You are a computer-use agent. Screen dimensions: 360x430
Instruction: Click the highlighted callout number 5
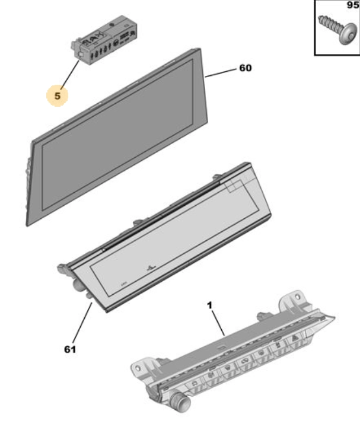coord(57,96)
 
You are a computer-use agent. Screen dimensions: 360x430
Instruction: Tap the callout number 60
coord(246,68)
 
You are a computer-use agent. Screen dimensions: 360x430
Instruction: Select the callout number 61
coord(70,349)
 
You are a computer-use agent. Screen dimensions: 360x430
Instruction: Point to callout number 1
coord(210,305)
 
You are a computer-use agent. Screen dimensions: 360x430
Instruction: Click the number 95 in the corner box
coord(353,5)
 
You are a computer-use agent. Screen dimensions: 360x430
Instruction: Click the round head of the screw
coord(348,34)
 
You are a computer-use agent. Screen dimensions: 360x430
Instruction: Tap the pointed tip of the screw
coord(320,18)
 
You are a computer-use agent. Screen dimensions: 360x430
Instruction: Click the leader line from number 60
coord(221,73)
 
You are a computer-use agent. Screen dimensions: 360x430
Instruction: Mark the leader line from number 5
coord(70,74)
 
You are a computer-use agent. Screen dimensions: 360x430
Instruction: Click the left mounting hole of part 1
coord(138,368)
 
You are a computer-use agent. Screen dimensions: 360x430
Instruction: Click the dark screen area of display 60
coord(118,135)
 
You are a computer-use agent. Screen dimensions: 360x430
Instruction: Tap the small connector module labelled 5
coord(106,40)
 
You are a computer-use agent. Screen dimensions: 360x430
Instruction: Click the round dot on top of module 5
coord(112,24)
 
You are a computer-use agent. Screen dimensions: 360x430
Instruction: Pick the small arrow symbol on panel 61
coord(151,267)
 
